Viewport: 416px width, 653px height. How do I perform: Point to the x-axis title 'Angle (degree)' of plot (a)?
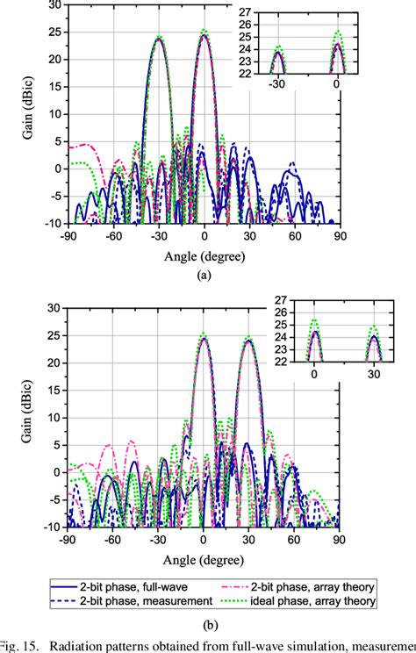click(x=204, y=255)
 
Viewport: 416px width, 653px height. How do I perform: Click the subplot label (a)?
click(x=204, y=274)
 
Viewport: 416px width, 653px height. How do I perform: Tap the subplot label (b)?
click(x=204, y=628)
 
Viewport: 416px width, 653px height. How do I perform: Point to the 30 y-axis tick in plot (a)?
click(x=54, y=5)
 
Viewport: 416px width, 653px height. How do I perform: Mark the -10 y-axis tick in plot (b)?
click(x=53, y=527)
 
